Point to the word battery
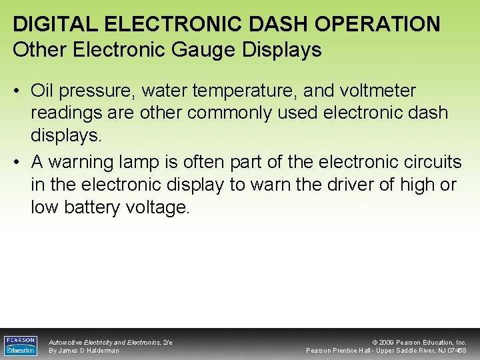(x=91, y=207)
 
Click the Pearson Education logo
(x=21, y=345)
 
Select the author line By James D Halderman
(x=84, y=351)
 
